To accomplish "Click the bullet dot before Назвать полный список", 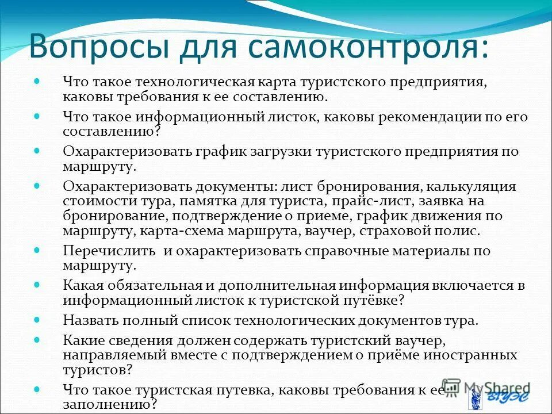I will pos(37,319).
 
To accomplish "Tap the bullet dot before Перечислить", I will pos(37,249).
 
